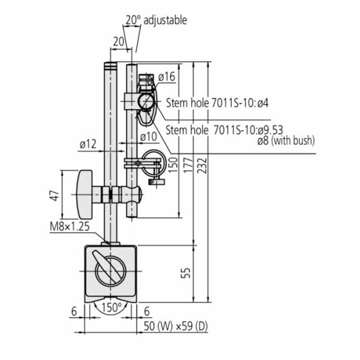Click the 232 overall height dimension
[x=203, y=165]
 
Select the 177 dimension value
[x=188, y=165]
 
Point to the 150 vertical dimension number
[x=173, y=165]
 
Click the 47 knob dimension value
[x=55, y=196]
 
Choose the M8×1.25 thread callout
[x=70, y=226]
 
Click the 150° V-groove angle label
[x=112, y=307]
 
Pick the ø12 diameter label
[x=88, y=145]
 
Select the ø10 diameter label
[x=149, y=137]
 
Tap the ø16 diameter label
[x=167, y=76]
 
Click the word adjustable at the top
[x=165, y=20]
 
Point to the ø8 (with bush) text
[x=286, y=140]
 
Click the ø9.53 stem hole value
[x=270, y=130]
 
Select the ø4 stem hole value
[x=263, y=103]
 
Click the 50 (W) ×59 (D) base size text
[x=176, y=326]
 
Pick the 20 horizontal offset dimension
[x=118, y=41]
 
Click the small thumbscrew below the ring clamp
[x=157, y=182]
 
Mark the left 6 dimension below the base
[x=74, y=311]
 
